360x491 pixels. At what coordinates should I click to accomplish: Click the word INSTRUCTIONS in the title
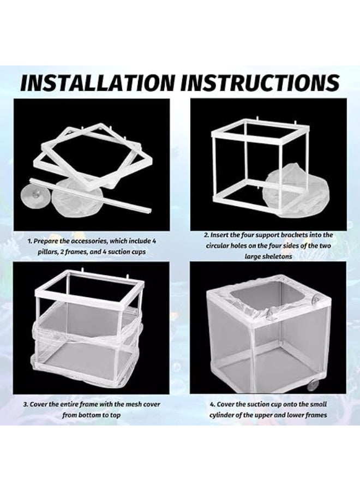260,82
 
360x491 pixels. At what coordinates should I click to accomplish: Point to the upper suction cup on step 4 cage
317,298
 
